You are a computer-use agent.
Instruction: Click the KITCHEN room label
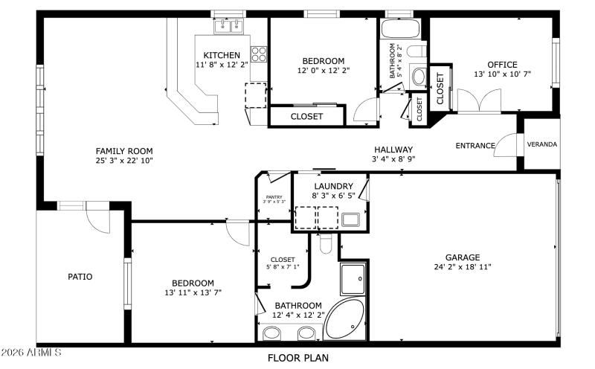coord(222,55)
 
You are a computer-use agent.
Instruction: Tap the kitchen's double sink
coord(229,27)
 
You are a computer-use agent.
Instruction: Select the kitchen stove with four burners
coord(259,54)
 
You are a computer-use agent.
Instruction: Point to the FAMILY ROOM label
coord(123,150)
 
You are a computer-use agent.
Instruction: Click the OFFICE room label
coord(502,65)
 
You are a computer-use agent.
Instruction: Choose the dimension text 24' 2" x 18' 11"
coord(463,267)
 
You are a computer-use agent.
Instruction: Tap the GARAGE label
coord(463,257)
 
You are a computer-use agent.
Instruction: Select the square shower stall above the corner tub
coord(353,279)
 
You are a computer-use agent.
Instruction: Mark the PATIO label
coord(80,277)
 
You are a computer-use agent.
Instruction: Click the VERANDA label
coord(542,144)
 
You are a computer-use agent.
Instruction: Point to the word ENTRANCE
coord(475,146)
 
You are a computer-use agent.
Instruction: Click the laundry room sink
coord(350,219)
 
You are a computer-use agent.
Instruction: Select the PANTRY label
coord(274,196)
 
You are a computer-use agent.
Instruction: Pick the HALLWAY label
coord(393,150)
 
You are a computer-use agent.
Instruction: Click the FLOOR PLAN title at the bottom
coord(297,358)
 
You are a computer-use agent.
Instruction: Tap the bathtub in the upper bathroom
coord(401,29)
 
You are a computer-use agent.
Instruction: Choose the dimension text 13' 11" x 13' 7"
coord(193,292)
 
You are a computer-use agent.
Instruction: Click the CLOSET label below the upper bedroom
coord(306,117)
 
